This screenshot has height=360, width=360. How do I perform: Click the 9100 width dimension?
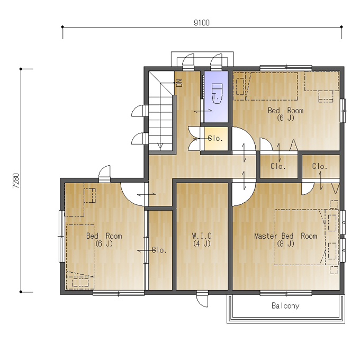pos(202,23)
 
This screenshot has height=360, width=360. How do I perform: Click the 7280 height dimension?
pos(16,181)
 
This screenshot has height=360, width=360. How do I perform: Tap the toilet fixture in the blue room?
pos(217,94)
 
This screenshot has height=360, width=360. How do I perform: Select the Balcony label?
pos(285,306)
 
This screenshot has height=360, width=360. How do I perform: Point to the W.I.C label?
pos(202,236)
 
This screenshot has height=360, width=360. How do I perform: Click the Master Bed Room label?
pos(285,236)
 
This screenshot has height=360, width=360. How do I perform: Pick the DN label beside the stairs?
pos(179,83)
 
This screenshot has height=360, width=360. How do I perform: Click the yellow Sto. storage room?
pos(216,139)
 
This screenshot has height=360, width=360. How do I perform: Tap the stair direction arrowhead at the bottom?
pos(160,146)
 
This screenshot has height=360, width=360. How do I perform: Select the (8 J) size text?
pos(285,244)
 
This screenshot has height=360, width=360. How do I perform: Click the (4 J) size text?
pos(202,244)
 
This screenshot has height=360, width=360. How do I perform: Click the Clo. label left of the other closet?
pos(278,166)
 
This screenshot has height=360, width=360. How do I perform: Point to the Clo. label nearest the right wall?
pos(320,166)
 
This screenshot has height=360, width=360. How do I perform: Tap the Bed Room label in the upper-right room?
pos(285,111)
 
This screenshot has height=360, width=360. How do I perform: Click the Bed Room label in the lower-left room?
pos(104,236)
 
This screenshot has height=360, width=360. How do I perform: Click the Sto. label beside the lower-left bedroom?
pos(159,250)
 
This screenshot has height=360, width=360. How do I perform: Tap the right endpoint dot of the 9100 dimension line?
pos(341,27)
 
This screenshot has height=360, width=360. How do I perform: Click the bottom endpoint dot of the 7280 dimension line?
pos(21,292)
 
